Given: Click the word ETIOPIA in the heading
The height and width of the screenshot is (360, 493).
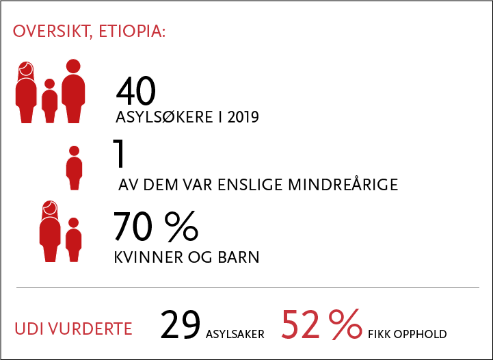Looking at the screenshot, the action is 132,31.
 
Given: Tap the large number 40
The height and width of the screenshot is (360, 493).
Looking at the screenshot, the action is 136,91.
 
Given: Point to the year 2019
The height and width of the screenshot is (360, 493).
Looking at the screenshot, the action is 243,118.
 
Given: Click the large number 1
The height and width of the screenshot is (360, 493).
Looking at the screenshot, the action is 120,154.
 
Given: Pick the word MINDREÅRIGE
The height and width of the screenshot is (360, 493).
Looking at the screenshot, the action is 343,184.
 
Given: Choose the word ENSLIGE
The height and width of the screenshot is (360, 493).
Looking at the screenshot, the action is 250,185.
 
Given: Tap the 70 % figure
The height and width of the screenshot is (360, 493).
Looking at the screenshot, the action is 156,227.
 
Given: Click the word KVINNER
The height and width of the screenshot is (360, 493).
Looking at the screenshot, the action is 148,257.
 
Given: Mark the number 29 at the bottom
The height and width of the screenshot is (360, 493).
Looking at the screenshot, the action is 180,324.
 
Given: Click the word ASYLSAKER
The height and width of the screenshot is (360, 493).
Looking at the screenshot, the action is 235,334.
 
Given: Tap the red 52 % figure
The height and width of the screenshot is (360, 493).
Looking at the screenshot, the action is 321,324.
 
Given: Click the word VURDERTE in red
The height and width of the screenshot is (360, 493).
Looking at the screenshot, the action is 90,329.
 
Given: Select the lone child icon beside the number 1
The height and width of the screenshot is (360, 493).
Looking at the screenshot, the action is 75,168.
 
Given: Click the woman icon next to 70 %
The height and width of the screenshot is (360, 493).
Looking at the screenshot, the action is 50,231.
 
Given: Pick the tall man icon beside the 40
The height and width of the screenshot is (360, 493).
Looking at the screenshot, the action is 73,91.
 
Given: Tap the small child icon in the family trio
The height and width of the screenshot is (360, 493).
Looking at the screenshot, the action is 50,101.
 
